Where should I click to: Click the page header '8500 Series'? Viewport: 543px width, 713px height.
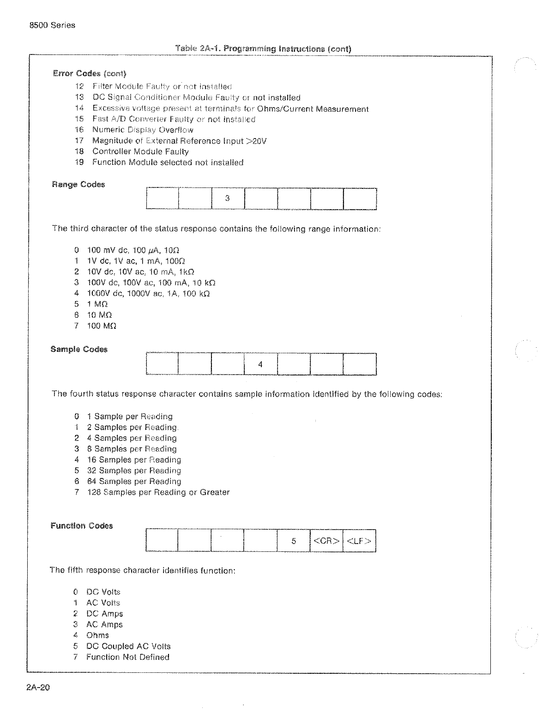pos(52,25)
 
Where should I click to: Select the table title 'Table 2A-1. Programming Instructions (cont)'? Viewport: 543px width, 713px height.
pos(263,48)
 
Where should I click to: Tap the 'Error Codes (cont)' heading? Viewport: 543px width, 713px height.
pos(90,73)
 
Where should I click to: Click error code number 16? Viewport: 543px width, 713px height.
pos(79,130)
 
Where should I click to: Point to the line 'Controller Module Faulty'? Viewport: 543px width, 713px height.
pos(140,151)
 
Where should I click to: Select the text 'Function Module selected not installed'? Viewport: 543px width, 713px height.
pos(168,163)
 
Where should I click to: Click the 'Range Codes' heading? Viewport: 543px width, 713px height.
pos(78,185)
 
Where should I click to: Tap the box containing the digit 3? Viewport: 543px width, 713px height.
pos(228,199)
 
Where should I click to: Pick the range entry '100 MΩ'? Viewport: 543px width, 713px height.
pos(102,326)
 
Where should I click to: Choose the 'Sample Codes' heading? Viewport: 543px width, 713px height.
pos(79,350)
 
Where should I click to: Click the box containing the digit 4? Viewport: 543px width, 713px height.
pos(260,364)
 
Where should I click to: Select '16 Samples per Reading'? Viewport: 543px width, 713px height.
pos(134,460)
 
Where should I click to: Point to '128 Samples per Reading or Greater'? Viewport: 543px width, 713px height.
pos(158,492)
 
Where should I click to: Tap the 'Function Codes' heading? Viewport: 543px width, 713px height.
pos(82,526)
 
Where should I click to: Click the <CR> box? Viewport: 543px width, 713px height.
pos(326,541)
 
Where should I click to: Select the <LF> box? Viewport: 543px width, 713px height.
pos(359,541)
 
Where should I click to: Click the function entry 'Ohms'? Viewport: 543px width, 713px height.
pos(97,635)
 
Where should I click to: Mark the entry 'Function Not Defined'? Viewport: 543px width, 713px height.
pos(127,657)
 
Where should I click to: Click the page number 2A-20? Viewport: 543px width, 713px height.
pos(38,688)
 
